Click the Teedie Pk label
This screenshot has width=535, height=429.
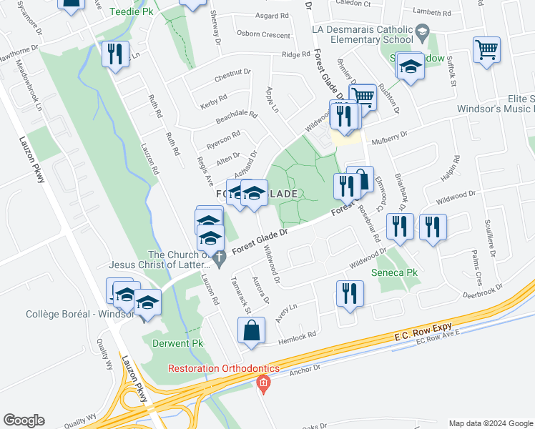pos(130,12)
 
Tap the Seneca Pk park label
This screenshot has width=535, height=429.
pos(394,272)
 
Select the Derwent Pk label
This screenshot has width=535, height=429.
pos(178,343)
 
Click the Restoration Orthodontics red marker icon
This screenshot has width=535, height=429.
pos(263,385)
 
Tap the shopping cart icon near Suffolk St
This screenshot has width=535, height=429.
pos(486,49)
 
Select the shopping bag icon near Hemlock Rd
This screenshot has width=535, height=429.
pos(252,331)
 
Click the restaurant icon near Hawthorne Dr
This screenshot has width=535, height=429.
pos(115,54)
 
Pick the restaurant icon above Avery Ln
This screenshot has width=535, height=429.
pos(349,294)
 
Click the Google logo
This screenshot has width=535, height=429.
pos(24,420)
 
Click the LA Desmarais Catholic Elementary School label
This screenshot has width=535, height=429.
pos(363,34)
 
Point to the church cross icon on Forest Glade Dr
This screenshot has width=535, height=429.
pos(219,255)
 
